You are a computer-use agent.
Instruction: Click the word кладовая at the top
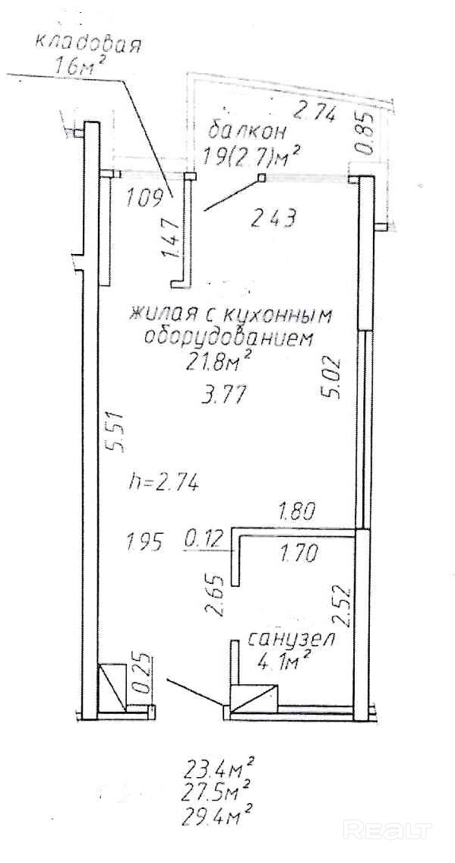point(88,43)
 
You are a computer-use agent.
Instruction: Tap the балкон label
point(248,132)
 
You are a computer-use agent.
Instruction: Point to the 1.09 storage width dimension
point(146,197)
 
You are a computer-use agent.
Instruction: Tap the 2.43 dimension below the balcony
point(274,218)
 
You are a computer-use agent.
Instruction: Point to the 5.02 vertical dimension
point(333,378)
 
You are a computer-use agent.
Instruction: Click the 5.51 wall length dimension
point(117,432)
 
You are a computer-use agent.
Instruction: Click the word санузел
point(291,639)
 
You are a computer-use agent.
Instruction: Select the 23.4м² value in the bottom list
point(219,766)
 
